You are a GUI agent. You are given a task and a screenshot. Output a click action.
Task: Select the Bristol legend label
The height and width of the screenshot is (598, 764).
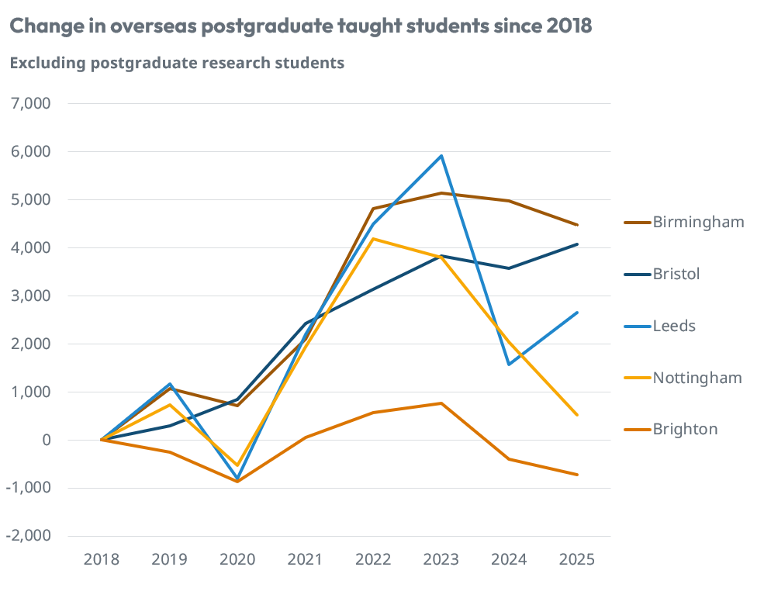676,274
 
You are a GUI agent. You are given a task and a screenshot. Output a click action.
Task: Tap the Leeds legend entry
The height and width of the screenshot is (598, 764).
674,326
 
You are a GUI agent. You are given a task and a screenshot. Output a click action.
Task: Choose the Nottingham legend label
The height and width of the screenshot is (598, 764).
697,378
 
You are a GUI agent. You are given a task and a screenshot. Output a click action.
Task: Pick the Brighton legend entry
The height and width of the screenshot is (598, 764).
685,429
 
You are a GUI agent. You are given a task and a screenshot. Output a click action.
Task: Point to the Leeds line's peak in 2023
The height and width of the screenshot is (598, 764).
441,156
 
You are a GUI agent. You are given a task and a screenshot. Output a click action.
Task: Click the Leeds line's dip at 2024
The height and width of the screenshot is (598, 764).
509,365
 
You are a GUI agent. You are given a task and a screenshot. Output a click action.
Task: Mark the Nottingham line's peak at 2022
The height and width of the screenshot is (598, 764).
373,239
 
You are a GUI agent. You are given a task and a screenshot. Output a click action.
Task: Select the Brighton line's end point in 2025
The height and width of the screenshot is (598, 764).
577,475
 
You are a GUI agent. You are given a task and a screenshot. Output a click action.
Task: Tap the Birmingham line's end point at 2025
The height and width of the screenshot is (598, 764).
577,225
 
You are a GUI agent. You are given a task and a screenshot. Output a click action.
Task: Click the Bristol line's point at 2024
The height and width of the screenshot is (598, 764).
509,268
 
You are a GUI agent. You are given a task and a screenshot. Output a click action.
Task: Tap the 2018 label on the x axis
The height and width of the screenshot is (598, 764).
102,559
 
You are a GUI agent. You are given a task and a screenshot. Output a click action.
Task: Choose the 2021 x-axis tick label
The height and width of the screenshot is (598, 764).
306,559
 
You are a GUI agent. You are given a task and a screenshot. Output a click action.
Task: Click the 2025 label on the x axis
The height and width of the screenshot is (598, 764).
577,559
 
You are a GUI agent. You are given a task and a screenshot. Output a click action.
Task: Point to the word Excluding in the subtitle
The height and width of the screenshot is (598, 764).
46,64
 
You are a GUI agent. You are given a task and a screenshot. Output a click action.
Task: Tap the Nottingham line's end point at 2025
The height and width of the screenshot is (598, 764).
577,415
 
